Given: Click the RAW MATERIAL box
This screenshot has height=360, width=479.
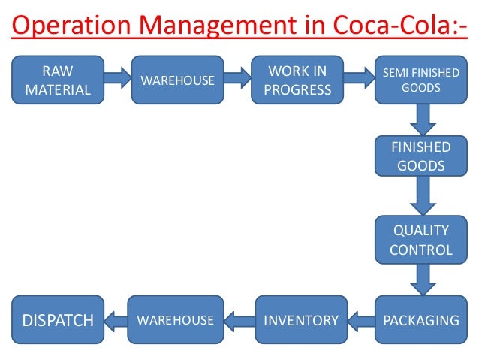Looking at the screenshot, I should [x=57, y=81].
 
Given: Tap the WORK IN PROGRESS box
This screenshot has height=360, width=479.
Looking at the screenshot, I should [x=297, y=80].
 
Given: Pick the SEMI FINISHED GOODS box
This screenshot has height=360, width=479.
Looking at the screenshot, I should [x=421, y=80].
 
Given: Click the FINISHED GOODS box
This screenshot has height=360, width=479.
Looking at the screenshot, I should [x=421, y=156].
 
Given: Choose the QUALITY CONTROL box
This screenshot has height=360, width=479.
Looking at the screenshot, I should [x=421, y=240].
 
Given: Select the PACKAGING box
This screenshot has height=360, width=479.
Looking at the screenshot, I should [x=421, y=321].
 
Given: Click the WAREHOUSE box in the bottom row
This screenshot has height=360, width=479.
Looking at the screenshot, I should [x=175, y=321].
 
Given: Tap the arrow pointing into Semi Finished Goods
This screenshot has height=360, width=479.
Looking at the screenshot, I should [x=357, y=77].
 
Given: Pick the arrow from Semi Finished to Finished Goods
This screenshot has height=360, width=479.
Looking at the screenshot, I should [x=422, y=119].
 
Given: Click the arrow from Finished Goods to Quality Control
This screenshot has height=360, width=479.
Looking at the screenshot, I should [x=422, y=198].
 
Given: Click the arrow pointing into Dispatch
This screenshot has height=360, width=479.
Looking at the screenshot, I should [x=114, y=321].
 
